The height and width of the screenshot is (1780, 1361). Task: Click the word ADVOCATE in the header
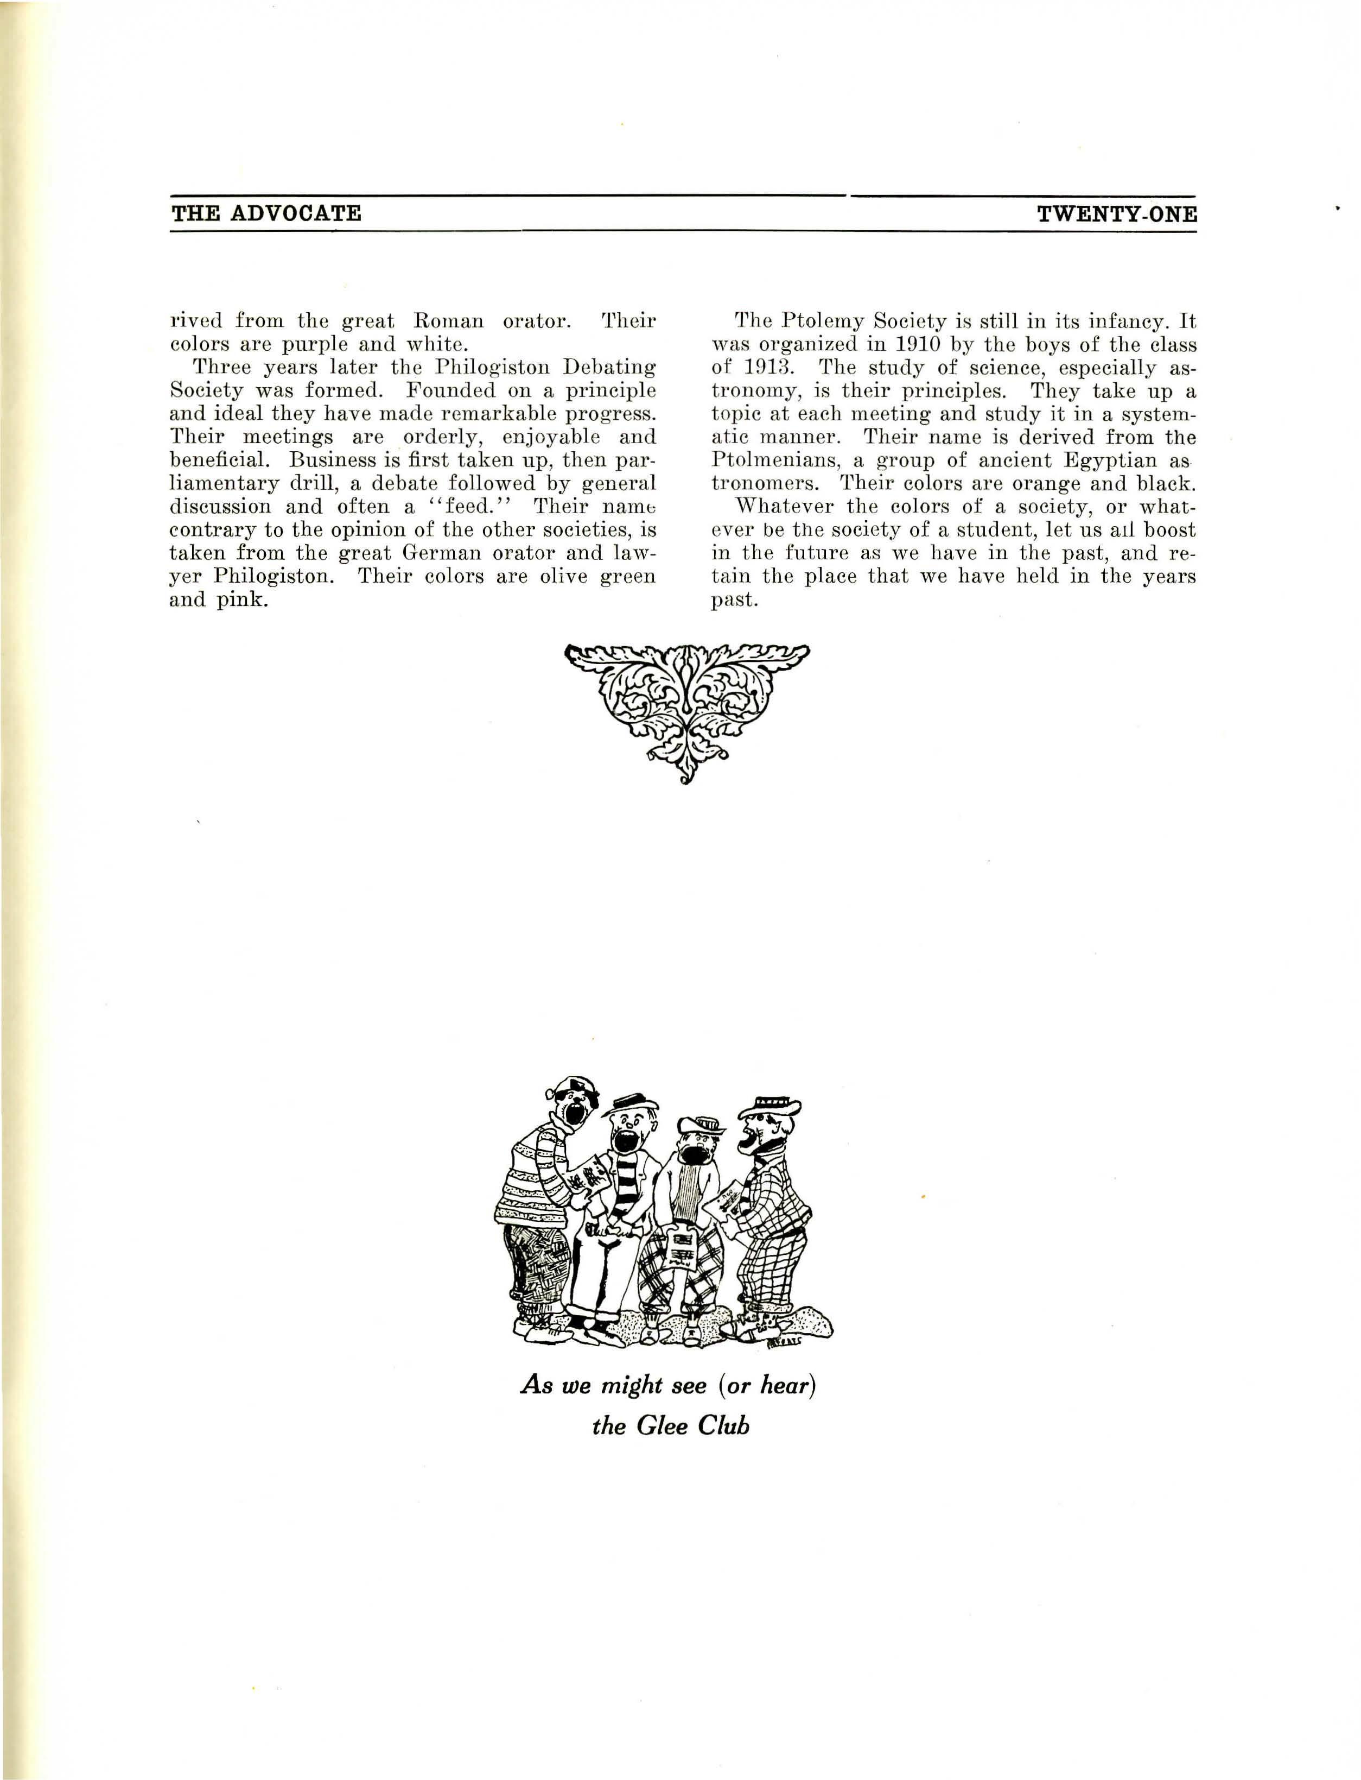296,213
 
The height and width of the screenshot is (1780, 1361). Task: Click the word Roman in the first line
448,321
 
